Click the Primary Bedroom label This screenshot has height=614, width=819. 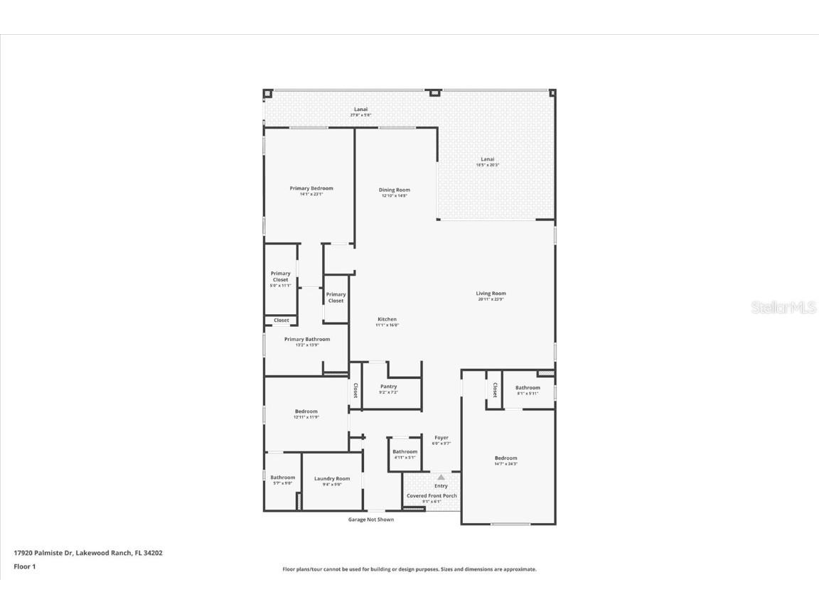click(x=311, y=189)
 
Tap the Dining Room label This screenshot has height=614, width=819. click(x=394, y=190)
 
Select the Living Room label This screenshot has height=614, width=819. click(x=491, y=294)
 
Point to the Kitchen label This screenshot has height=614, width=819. click(x=387, y=320)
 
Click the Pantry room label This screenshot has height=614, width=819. click(x=388, y=387)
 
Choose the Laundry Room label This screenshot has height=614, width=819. click(x=332, y=479)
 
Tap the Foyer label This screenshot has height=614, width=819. click(x=441, y=438)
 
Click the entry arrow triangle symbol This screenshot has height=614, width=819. click(x=441, y=478)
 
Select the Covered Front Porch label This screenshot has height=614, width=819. click(x=432, y=496)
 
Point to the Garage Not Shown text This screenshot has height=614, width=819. click(x=370, y=519)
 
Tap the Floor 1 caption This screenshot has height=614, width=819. click(x=24, y=566)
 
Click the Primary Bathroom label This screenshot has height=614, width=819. click(x=307, y=340)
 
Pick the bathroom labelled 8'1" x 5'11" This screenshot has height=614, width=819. click(x=528, y=389)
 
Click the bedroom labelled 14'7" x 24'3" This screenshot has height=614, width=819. click(x=506, y=459)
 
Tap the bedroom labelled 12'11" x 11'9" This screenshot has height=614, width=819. click(x=306, y=412)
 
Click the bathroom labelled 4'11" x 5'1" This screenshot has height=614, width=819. click(x=405, y=453)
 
